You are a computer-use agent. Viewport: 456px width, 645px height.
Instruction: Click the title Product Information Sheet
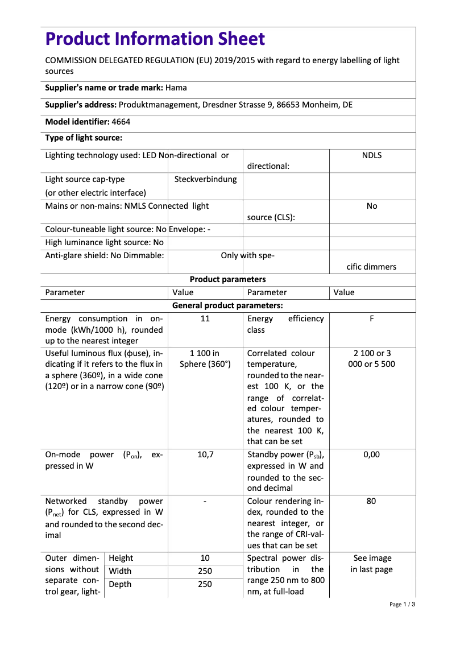(155, 39)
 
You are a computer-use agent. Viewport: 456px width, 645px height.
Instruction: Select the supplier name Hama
(176, 88)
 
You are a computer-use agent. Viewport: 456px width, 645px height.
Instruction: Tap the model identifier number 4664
(121, 122)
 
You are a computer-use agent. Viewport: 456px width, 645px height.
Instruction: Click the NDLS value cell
(371, 155)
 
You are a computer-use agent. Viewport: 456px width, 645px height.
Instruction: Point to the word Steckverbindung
(205, 179)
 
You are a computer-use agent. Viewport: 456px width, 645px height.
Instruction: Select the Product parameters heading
(227, 279)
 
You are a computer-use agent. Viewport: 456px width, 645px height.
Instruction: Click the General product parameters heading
(227, 305)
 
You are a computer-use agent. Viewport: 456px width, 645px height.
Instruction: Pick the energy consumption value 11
(205, 319)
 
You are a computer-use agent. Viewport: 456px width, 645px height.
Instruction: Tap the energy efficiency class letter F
(371, 319)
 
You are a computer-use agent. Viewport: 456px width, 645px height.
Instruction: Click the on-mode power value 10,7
(205, 454)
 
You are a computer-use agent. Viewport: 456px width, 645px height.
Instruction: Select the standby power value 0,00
(371, 454)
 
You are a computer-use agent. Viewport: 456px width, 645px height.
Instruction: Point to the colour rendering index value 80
(371, 501)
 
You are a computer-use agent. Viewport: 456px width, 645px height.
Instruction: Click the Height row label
(121, 558)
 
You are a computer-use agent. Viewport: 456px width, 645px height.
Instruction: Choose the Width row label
(120, 571)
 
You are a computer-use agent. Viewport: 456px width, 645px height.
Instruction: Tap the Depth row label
(119, 584)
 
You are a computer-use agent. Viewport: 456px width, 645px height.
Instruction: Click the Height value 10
(205, 558)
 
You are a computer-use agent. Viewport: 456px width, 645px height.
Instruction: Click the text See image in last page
(371, 564)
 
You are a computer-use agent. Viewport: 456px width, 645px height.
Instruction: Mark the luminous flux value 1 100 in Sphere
(205, 358)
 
